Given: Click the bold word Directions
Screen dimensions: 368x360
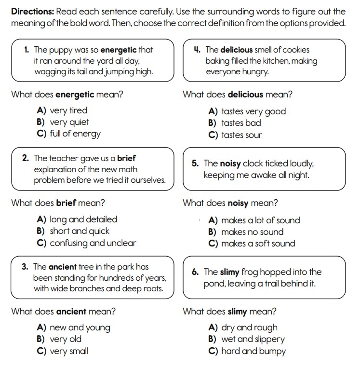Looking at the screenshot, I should [x=32, y=12].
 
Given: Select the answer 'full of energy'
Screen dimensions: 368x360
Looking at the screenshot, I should [x=75, y=134].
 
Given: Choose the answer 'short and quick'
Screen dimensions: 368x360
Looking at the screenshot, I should [x=79, y=231].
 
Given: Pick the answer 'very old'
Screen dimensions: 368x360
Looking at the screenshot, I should [x=66, y=339].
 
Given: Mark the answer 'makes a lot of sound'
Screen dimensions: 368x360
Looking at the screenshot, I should [x=260, y=220].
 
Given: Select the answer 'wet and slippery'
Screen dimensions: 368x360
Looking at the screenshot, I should [x=253, y=339].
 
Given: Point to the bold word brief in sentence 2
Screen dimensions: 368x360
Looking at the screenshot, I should [x=127, y=158].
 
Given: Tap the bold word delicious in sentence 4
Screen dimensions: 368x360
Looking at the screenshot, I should [x=237, y=50].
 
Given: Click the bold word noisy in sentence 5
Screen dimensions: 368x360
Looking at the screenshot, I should [x=230, y=164].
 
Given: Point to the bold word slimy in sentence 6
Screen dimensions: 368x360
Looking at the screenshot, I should [x=229, y=272].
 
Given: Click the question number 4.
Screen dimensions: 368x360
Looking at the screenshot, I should [x=197, y=50].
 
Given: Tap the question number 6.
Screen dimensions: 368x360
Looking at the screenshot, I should [x=195, y=272].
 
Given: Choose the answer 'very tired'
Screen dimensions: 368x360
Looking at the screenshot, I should [x=68, y=111].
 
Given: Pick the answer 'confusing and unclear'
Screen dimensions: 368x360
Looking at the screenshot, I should [x=93, y=243].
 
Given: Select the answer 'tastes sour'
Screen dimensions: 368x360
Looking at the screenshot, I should [x=241, y=135].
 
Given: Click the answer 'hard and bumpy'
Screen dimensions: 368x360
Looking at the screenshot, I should [x=253, y=351].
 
